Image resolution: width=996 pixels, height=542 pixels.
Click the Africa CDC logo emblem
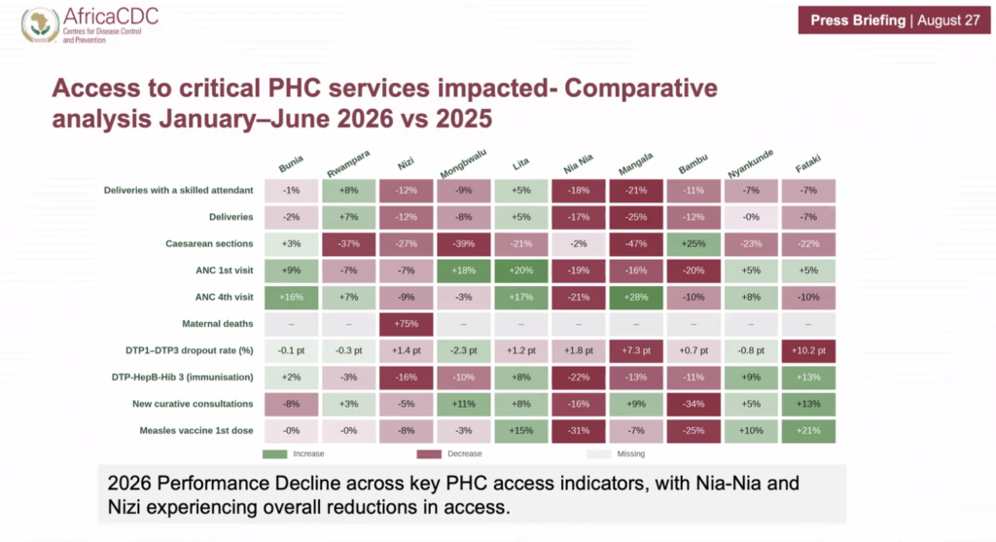click(x=40, y=24)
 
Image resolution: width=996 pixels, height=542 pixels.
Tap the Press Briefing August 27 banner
click(x=895, y=20)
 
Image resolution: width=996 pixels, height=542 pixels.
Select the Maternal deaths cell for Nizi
click(x=406, y=324)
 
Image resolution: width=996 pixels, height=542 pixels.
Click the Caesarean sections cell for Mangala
click(x=636, y=244)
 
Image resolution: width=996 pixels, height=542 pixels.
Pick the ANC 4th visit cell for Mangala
click(x=636, y=298)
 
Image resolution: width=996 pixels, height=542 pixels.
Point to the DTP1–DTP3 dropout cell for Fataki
click(x=808, y=350)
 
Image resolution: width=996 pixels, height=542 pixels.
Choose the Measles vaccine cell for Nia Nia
click(x=579, y=431)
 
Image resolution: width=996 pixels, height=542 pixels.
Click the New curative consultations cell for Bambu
click(x=694, y=404)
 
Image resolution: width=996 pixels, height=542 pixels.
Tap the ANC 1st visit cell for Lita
click(x=521, y=271)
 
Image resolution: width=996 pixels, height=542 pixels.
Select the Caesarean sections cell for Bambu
click(x=694, y=244)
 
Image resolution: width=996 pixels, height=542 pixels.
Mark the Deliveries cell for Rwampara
click(x=349, y=217)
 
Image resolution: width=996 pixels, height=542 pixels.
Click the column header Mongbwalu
click(x=463, y=163)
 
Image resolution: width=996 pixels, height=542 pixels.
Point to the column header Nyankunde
click(x=750, y=163)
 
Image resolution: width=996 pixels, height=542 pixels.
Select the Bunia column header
click(x=291, y=163)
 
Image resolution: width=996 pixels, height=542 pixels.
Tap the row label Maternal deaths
click(x=217, y=324)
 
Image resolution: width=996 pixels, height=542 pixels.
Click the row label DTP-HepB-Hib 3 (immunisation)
click(x=182, y=378)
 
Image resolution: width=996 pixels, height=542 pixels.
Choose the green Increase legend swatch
click(x=275, y=454)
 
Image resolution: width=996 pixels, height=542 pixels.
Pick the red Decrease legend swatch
click(x=429, y=454)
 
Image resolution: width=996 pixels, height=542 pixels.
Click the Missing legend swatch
click(x=598, y=454)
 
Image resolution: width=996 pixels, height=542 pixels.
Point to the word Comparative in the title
click(x=641, y=89)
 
